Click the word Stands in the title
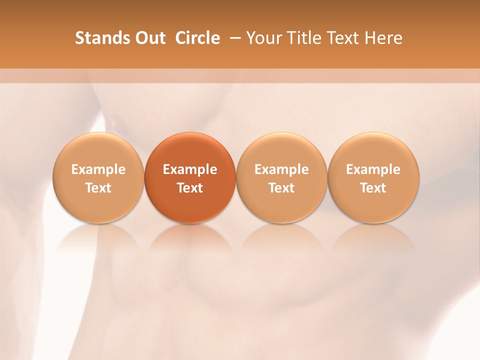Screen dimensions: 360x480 point(95,38)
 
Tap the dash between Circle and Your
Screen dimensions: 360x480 point(233,38)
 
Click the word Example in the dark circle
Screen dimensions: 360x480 point(190,169)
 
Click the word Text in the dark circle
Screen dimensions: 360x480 point(190,188)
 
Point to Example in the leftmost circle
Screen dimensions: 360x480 point(98,169)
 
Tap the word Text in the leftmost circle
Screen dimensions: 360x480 point(98,188)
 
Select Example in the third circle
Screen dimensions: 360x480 point(281,169)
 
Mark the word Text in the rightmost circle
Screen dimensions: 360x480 point(373,188)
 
